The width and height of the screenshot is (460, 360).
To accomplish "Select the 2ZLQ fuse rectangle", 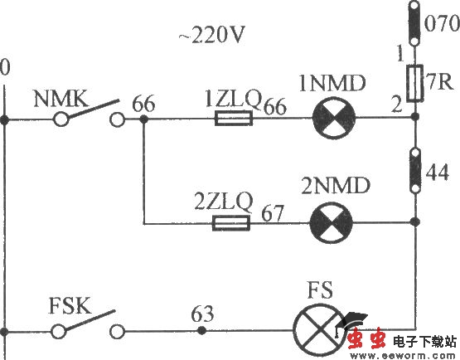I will click(x=232, y=222).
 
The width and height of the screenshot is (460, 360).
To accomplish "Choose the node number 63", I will click(x=201, y=314).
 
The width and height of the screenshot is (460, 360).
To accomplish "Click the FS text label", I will click(x=319, y=294).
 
